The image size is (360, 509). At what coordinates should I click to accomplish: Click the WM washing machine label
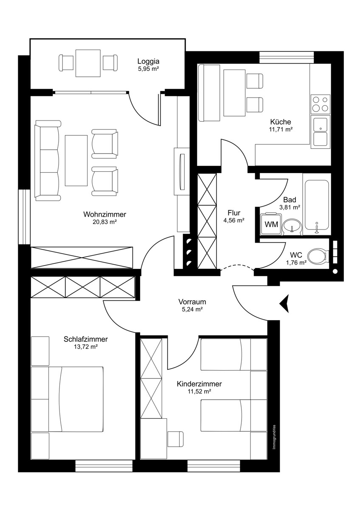pos(272,224)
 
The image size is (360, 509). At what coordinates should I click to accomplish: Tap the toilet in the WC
pos(318,256)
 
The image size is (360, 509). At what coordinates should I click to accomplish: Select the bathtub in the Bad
pos(317,205)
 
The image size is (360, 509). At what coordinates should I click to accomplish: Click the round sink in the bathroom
pos(292,227)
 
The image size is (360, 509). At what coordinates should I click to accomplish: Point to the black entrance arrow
pos(284,304)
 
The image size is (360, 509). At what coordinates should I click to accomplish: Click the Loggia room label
pos(148,61)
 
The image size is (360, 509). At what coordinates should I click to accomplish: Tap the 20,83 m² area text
pos(104,222)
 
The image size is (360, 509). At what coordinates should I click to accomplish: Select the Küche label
pos(281,122)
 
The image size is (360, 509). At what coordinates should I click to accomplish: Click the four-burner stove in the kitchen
pos(320,104)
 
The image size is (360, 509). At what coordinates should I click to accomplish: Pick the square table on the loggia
pos(88,63)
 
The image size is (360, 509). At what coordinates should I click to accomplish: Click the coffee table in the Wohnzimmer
pos(76,161)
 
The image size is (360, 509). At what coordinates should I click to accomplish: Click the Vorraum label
pos(192,302)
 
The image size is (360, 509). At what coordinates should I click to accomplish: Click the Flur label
pos(234,213)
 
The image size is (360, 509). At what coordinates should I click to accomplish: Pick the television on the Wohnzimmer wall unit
pos(183,172)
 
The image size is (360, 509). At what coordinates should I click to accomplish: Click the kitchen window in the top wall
pos(287,58)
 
